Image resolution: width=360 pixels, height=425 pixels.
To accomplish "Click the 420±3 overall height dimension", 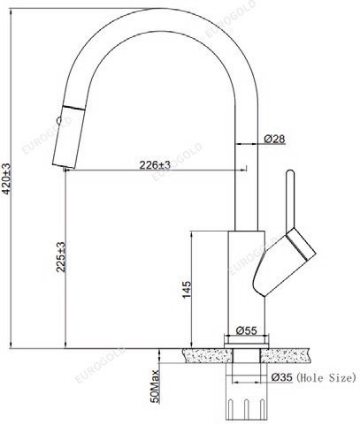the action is [x=6, y=178].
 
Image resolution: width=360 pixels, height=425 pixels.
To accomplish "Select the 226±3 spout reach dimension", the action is [x=155, y=165].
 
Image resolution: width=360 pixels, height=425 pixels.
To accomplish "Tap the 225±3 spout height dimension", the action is [x=61, y=257].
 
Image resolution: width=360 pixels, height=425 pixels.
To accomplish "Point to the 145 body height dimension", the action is [x=187, y=290].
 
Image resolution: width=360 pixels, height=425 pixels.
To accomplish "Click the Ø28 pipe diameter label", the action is [x=274, y=139].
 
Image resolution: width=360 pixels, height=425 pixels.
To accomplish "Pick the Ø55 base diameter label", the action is [x=247, y=330].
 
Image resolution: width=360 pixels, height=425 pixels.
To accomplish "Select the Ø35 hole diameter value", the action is [x=282, y=377].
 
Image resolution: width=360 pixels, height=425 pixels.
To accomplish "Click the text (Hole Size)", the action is [x=326, y=377].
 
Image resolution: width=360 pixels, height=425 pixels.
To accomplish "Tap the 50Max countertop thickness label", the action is [x=155, y=386].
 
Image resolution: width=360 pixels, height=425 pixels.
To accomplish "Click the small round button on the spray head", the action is [x=58, y=120].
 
